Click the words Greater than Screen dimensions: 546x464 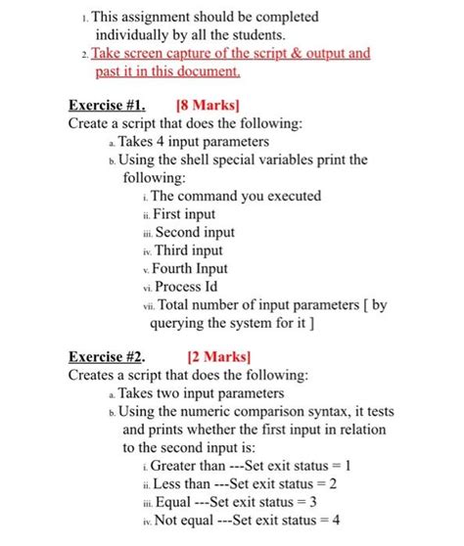click(x=190, y=466)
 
